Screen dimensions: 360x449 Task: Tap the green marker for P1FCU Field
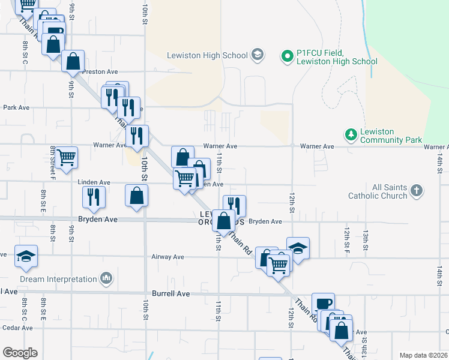point(287,57)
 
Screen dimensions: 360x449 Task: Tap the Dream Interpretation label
point(58,279)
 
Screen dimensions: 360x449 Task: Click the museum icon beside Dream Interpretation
point(107,278)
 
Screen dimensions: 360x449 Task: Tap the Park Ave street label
point(16,108)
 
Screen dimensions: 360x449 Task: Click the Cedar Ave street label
point(17,328)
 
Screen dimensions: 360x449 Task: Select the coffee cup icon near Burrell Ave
point(323,304)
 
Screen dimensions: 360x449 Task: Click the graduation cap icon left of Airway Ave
point(26,256)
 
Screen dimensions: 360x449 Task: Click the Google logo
point(20,353)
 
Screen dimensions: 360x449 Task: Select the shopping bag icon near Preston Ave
point(73,61)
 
